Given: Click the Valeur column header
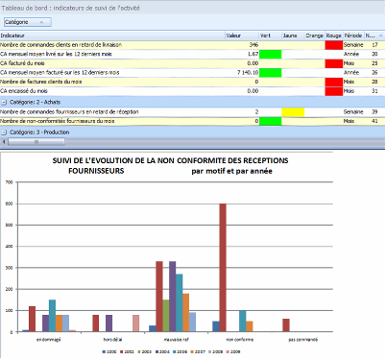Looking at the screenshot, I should click(233, 36).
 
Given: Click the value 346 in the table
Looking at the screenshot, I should click(253, 44).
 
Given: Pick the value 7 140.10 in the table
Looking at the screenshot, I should click(247, 72).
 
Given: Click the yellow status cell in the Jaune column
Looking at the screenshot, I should click(294, 112).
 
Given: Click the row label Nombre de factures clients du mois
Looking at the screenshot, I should click(48, 82).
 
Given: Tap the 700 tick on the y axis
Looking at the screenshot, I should click(9, 182).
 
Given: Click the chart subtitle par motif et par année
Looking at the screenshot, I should click(238, 172).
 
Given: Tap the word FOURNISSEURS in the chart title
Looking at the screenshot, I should click(99, 172).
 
